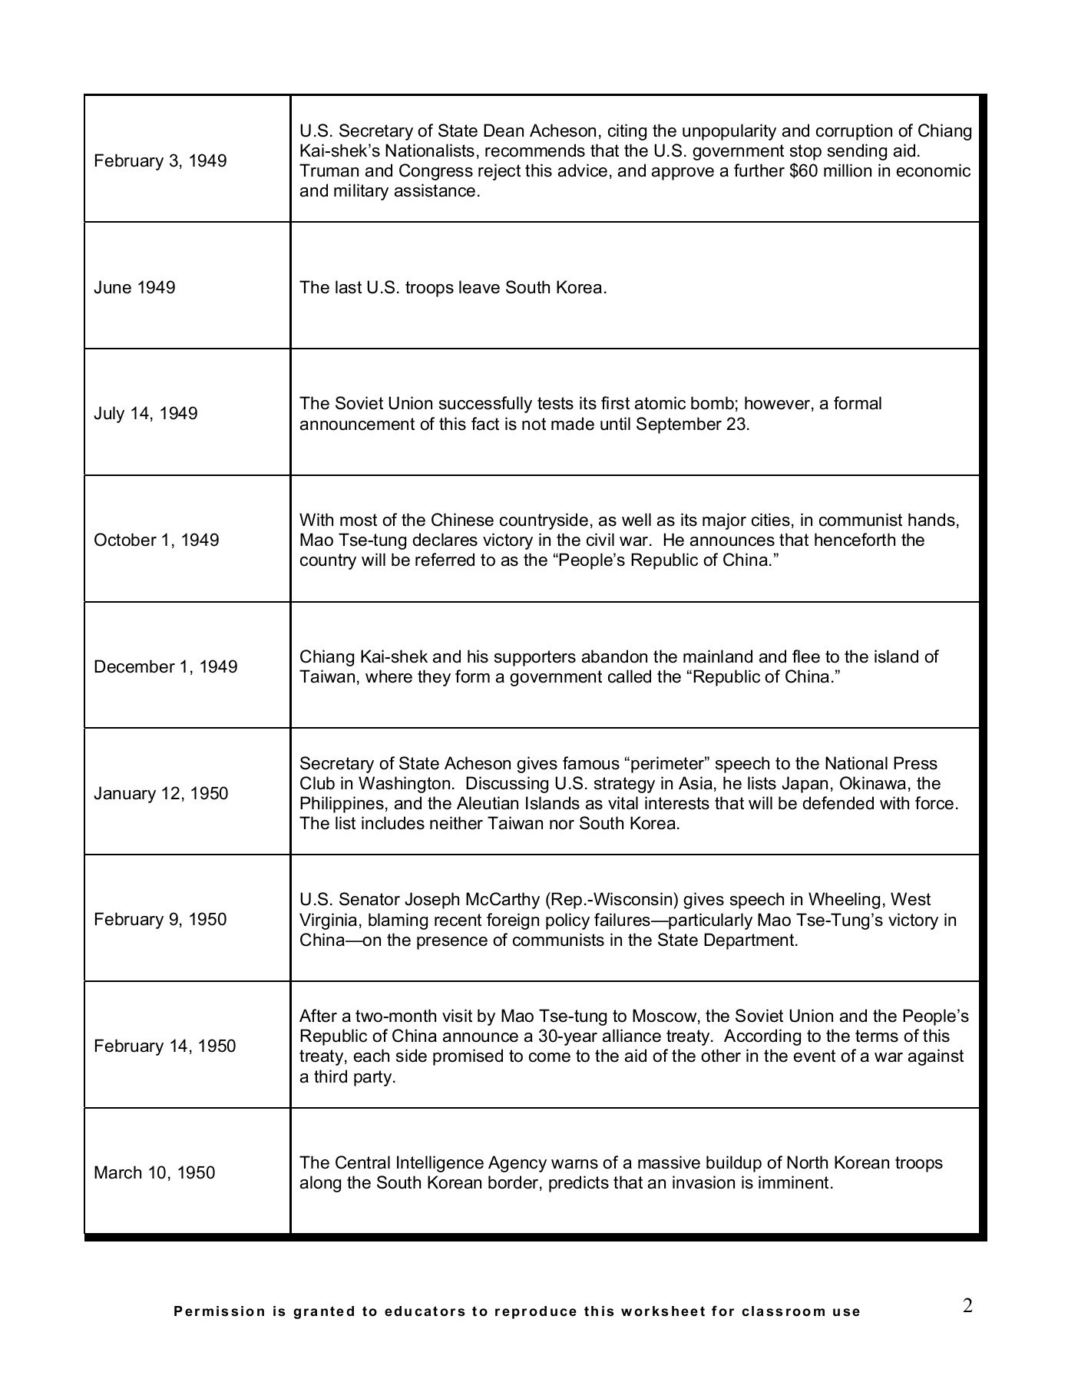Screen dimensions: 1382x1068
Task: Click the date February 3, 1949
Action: click(160, 160)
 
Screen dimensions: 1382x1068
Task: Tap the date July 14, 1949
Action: click(145, 413)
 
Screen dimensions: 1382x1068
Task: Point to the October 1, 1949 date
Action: click(156, 540)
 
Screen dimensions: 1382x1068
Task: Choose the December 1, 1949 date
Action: click(165, 666)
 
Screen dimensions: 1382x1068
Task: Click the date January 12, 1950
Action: click(160, 793)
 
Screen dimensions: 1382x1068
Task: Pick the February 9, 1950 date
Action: click(160, 919)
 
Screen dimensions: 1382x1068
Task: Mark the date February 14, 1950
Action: click(164, 1046)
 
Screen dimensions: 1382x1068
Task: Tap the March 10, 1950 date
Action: click(154, 1172)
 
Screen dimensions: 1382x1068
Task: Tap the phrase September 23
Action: click(692, 424)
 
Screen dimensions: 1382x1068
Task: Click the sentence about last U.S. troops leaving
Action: click(453, 287)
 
